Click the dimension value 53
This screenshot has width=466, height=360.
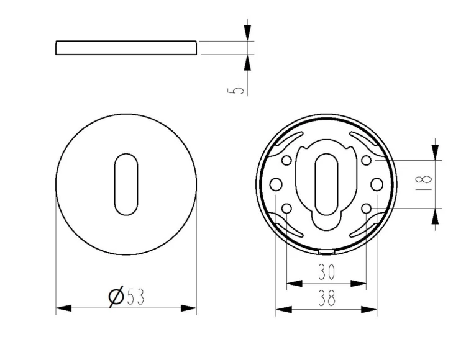point(136,297)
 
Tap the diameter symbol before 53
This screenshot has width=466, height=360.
point(116,296)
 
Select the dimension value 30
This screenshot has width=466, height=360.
point(326,272)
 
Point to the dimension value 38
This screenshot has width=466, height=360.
point(327,298)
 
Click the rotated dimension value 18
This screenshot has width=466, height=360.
point(424,182)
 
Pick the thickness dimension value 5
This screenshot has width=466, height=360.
point(235,91)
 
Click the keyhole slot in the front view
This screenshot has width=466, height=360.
point(126,184)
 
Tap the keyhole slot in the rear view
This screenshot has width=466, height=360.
point(326,184)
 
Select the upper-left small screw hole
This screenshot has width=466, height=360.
point(286,161)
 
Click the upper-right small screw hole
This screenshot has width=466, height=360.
point(367,161)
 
